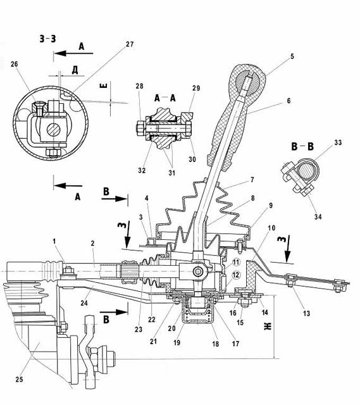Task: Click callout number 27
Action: click(x=130, y=44)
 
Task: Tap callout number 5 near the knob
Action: click(x=292, y=56)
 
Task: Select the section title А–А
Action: click(x=164, y=98)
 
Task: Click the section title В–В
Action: click(x=302, y=146)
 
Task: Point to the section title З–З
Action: click(x=48, y=39)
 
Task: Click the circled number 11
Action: click(x=236, y=263)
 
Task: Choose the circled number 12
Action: click(x=236, y=275)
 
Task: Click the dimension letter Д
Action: click(x=75, y=70)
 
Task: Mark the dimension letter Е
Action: click(x=103, y=84)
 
